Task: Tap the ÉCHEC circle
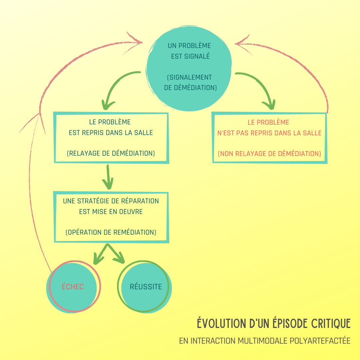pos(73,287)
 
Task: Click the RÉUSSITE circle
pos(145,287)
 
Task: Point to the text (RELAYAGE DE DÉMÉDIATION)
pos(111,154)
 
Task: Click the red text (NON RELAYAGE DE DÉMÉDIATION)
pos(269,154)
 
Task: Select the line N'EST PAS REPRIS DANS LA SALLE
pos(269,133)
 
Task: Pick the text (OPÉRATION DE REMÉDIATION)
pos(111,232)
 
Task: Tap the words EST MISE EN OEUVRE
pos(111,212)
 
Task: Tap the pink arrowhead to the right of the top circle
pos(242,43)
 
